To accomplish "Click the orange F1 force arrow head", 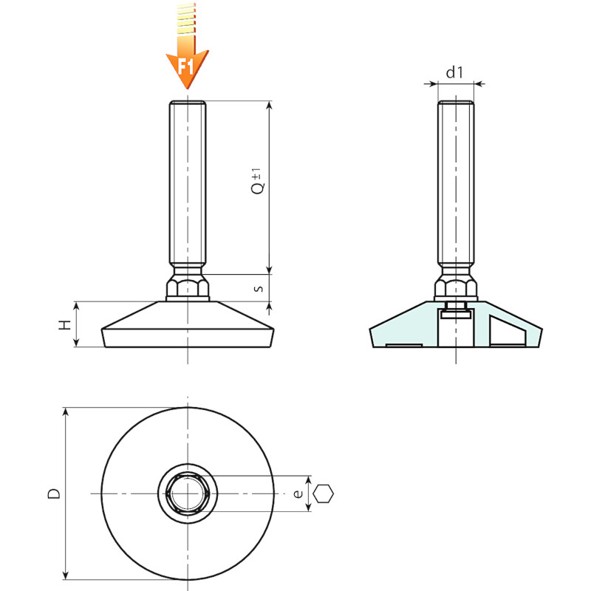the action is point(188,68).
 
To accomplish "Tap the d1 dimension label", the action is point(454,72).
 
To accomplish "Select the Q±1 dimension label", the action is point(257,181).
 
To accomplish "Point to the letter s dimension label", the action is point(259,289).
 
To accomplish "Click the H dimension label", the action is point(65,324).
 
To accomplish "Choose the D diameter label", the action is point(54,493).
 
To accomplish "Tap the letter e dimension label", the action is point(298,493).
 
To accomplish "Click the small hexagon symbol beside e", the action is point(324,493).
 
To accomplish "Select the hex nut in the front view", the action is point(188,287).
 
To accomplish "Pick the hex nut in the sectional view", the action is point(456,287).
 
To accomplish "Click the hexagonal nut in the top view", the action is point(188,493).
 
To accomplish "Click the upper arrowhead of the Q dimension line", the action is point(269,105).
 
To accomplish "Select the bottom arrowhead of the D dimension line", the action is point(66,575).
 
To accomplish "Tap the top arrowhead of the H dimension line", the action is point(76,306).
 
